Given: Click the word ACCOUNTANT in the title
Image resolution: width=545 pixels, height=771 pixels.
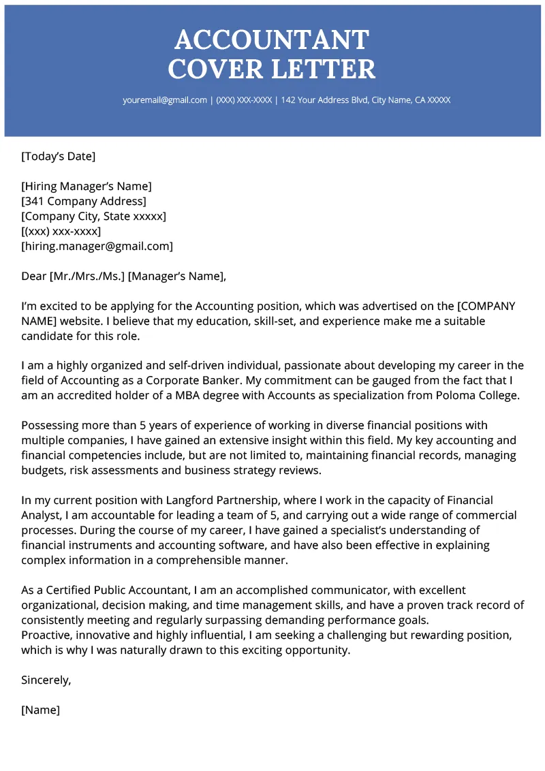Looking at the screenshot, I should click(272, 40).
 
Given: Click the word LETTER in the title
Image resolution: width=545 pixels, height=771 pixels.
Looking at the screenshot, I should click(324, 69).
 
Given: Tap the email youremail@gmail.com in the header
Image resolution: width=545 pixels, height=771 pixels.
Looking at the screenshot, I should click(164, 100).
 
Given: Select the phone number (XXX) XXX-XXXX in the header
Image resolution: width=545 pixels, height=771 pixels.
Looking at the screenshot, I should click(244, 100).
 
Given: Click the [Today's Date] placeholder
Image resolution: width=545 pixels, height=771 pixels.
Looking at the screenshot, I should click(59, 157).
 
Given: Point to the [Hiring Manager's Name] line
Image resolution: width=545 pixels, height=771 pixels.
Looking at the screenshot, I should click(87, 187).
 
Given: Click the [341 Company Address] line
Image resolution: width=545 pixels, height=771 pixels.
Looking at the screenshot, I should click(84, 202).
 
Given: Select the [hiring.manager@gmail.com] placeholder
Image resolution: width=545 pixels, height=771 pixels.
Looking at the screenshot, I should click(97, 247).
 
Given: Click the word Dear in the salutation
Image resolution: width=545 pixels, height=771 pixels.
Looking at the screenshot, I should click(33, 277).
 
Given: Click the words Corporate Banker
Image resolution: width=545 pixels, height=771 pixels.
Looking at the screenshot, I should click(204, 381).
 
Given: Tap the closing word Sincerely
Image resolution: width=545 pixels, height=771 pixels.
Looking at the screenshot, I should click(46, 680).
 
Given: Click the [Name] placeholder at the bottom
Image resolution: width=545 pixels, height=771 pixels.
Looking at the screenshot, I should click(40, 710).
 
